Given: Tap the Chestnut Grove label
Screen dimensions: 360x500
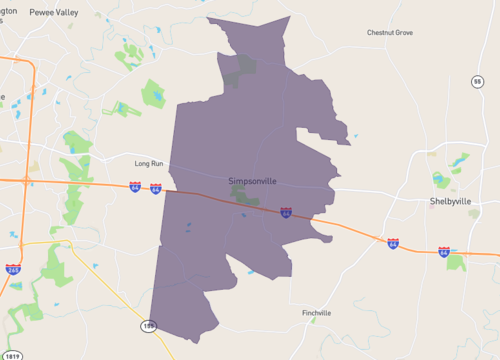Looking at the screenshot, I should (x=390, y=33).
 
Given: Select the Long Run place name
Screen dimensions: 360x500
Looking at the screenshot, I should (x=149, y=161).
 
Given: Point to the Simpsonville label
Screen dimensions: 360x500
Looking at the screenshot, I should (x=253, y=181).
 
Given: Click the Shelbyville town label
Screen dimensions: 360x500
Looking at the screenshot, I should (x=450, y=201).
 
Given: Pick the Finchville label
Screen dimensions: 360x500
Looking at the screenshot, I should (x=316, y=313).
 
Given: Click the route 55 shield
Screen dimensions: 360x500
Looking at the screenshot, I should (x=477, y=81).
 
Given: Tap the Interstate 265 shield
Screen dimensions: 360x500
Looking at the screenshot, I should (x=13, y=269).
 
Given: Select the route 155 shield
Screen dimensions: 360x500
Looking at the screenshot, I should (x=149, y=325).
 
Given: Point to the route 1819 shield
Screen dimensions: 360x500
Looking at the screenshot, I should (x=12, y=354).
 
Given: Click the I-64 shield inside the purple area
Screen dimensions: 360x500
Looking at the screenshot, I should (x=286, y=213).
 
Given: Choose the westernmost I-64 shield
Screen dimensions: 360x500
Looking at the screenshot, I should (x=134, y=186).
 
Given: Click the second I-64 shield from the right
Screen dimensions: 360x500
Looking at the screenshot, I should (x=393, y=243).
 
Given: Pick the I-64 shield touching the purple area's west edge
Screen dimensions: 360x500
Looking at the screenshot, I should (x=156, y=188).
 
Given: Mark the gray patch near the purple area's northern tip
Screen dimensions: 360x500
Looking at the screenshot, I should (x=239, y=68).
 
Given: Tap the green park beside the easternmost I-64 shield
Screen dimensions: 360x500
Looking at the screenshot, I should (x=456, y=263).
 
